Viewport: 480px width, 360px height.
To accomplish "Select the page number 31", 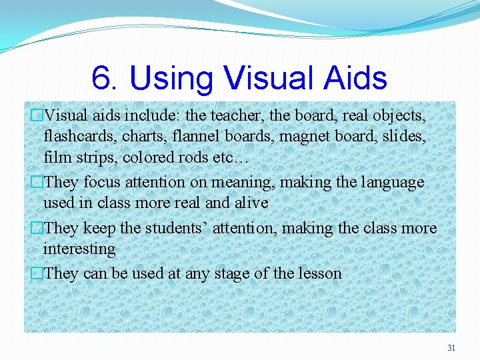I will (451, 347).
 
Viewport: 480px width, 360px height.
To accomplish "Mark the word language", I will (391, 183).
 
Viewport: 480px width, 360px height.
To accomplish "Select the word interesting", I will (79, 249).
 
